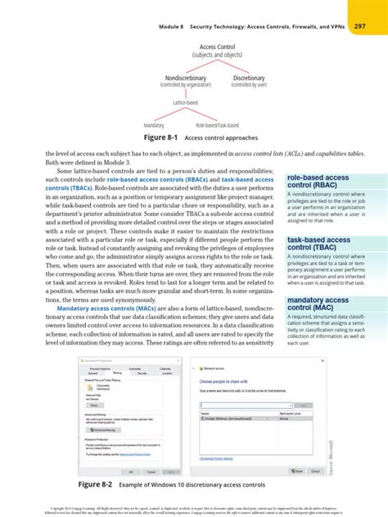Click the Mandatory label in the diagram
pos(154,125)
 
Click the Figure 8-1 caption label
pos(163,138)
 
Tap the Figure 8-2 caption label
pos(97,485)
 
